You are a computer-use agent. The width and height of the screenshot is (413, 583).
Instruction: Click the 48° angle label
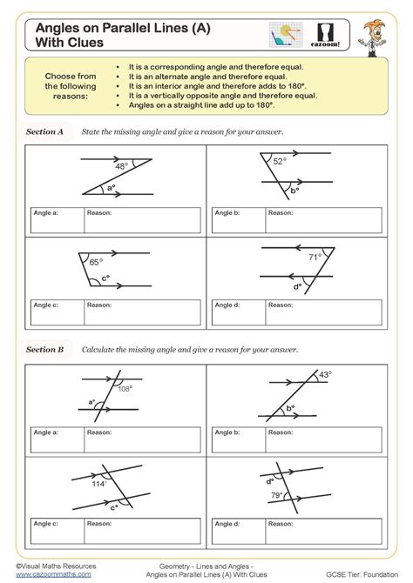tap(122, 166)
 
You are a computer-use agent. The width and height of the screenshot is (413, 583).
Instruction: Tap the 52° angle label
tap(279, 161)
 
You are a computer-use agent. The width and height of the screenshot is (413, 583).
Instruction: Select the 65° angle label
tap(95, 260)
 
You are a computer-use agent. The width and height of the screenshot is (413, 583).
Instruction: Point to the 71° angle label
tap(315, 257)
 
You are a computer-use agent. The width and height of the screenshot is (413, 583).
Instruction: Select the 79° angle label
tap(275, 496)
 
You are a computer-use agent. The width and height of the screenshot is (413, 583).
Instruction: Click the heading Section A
tap(45, 131)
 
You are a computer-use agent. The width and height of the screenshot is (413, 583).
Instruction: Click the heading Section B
tap(45, 349)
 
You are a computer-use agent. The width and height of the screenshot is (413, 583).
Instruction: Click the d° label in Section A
tap(297, 285)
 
